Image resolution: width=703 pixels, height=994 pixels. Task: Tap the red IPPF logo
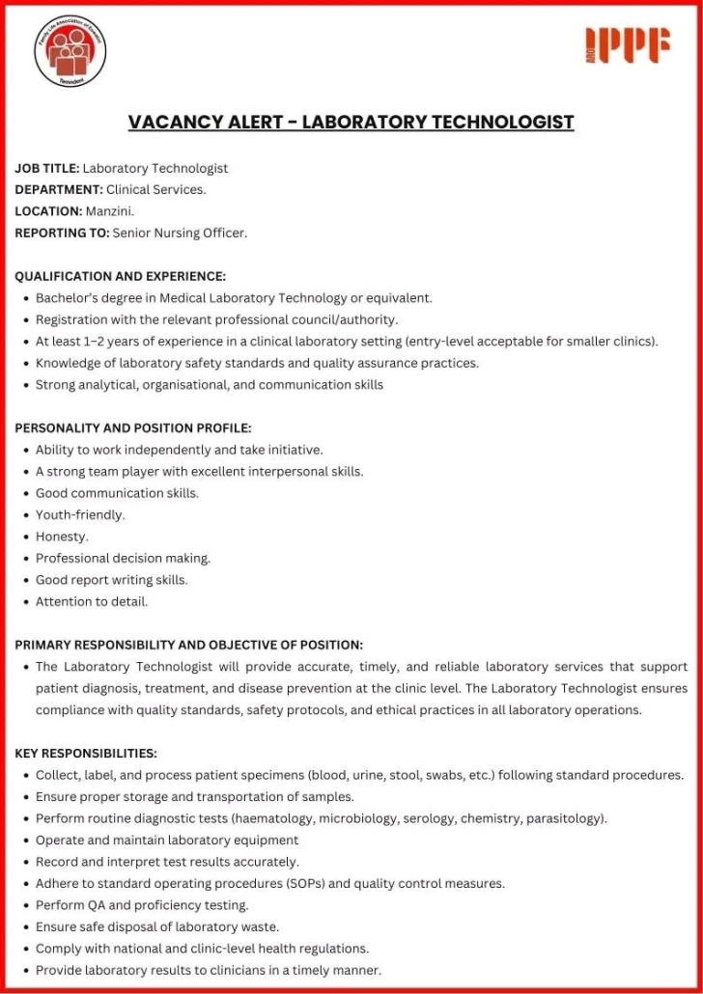(628, 46)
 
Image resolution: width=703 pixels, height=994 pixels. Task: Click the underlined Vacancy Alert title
(351, 123)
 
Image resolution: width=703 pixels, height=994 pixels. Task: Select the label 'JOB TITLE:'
(46, 168)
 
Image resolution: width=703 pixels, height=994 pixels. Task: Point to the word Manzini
(109, 211)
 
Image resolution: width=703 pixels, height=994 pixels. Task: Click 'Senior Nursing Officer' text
(180, 233)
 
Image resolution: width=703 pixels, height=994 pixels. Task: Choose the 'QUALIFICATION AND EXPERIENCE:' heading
(121, 276)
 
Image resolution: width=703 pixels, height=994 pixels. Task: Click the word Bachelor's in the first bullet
(68, 298)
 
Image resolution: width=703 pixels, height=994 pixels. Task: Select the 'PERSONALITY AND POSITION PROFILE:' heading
(133, 428)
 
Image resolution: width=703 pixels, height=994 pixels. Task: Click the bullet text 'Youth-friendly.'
(80, 515)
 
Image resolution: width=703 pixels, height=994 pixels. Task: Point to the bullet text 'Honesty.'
(62, 537)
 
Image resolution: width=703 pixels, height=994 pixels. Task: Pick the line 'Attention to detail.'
(92, 601)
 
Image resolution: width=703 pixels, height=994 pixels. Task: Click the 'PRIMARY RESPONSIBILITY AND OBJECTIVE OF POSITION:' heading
(189, 645)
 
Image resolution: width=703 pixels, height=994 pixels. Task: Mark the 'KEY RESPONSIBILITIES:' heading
(86, 753)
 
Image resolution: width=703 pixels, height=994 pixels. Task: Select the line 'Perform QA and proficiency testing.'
(142, 905)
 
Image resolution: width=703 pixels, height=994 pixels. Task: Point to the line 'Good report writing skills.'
(111, 580)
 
